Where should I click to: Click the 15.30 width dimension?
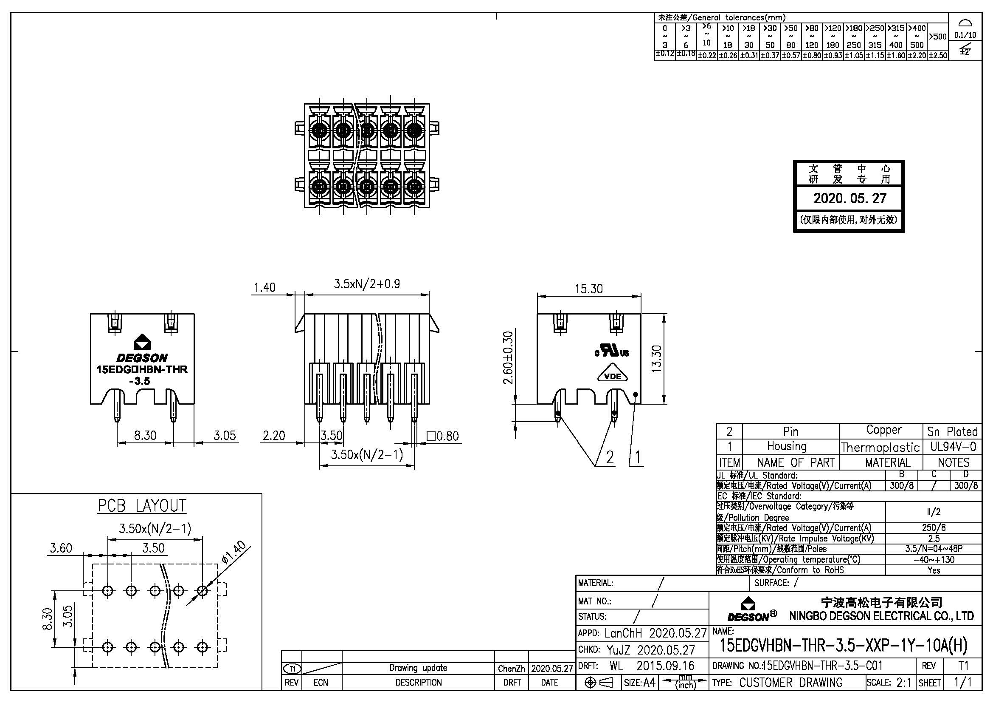pos(588,289)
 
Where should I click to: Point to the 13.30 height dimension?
pos(656,358)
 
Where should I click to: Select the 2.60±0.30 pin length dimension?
pos(509,357)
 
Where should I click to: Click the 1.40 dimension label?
pos(264,287)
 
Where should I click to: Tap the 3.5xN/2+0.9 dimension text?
pos(367,284)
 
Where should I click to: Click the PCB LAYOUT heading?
pos(142,506)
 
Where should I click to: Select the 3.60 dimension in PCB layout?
pos(61,548)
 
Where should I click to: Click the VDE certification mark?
pos(613,376)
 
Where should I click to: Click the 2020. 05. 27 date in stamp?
pos(850,198)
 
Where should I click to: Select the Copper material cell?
pos(883,430)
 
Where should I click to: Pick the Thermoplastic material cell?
pos(880,447)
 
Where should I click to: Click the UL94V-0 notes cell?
pos(953,446)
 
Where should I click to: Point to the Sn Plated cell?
pos(952,431)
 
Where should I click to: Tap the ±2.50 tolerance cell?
pos(937,55)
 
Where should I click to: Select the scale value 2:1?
pos(903,683)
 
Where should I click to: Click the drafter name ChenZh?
pos(511,669)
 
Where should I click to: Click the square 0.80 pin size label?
pos(443,436)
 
